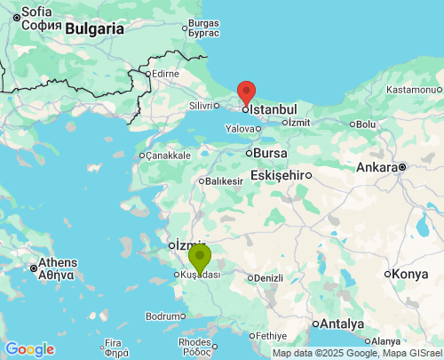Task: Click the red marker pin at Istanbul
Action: coord(246,92)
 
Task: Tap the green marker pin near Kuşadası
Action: coord(200,259)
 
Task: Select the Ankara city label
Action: coord(377,167)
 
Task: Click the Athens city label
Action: coord(57,263)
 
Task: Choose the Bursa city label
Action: coord(270,153)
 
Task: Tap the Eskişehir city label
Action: coord(278,175)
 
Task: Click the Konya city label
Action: coord(410,274)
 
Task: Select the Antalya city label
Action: coord(342,323)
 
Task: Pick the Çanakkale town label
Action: coord(169,156)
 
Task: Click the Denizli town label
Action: coord(267,278)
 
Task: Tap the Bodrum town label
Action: coord(165,316)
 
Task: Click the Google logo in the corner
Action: coord(29,349)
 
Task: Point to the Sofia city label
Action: coord(36,12)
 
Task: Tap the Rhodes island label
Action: coord(195,341)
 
